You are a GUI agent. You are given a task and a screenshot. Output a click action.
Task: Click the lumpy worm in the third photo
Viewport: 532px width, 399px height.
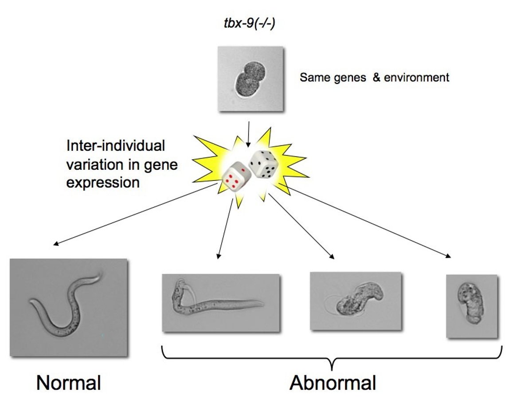coord(357,301)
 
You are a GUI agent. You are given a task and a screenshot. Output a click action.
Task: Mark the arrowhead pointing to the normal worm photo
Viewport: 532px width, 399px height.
coord(55,243)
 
